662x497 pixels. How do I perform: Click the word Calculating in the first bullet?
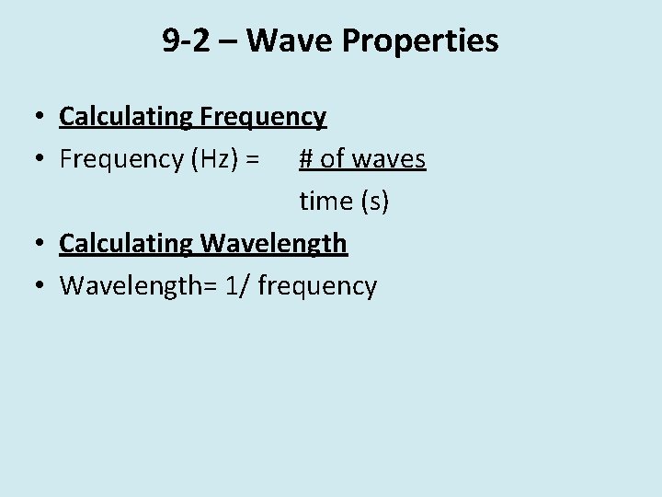[x=125, y=117]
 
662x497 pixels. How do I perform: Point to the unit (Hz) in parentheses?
[x=215, y=159]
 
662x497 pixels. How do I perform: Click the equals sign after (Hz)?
[x=253, y=159]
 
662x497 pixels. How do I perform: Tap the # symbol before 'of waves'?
[x=307, y=159]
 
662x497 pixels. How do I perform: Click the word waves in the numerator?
[x=388, y=159]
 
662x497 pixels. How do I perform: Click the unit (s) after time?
[x=375, y=202]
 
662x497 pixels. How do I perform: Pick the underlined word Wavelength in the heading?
[x=273, y=244]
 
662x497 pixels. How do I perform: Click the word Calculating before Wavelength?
[x=125, y=244]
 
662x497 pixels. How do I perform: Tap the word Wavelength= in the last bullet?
[x=135, y=286]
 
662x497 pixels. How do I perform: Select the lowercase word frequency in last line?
[x=317, y=286]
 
